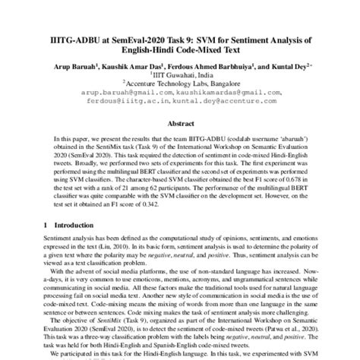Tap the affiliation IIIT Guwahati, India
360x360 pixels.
[x=180, y=75]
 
